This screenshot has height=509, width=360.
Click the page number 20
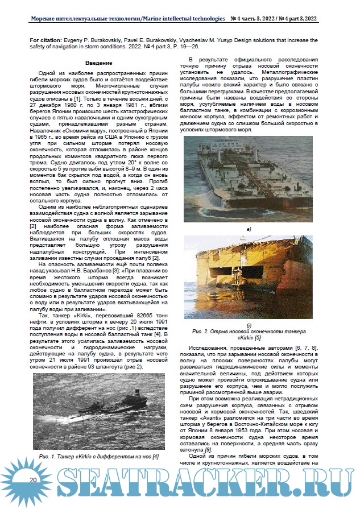tap(34, 481)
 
